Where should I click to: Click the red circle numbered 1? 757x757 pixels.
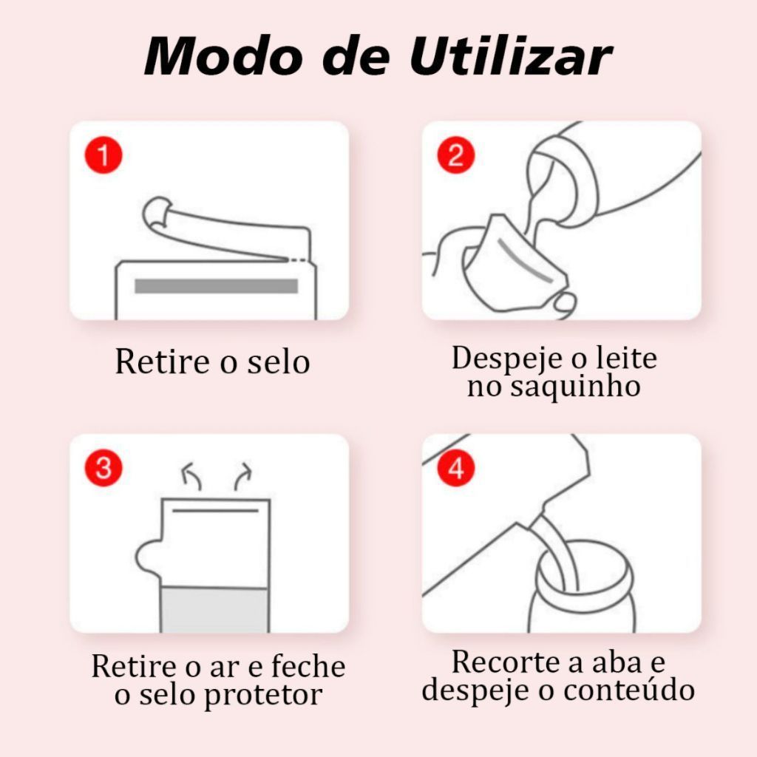coord(103,155)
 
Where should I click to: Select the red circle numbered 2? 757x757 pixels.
coord(455,155)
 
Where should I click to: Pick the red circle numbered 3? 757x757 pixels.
coord(103,468)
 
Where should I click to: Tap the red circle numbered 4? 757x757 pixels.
coord(455,468)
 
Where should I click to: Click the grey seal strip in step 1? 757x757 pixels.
coord(217,286)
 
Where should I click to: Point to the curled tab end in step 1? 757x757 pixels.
coord(157,212)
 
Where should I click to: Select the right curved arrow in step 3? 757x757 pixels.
coord(242,475)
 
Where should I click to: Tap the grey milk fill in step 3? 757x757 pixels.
coord(214,610)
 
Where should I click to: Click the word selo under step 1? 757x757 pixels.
coord(279,361)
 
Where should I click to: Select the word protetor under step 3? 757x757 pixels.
coord(263,696)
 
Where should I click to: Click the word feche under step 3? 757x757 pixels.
coord(308,666)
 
